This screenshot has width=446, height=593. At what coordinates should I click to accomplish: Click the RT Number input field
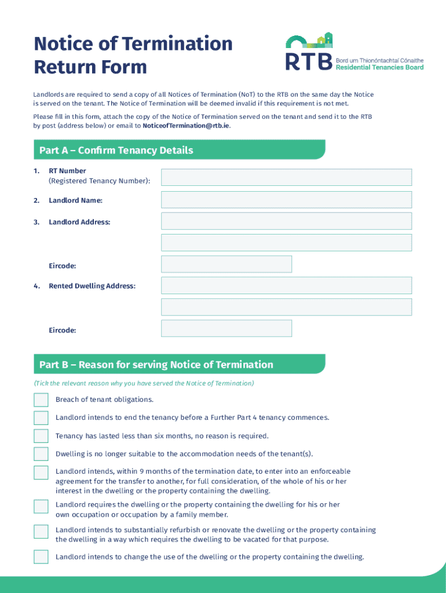(x=286, y=177)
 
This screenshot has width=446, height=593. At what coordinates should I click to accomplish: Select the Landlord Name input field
(x=286, y=200)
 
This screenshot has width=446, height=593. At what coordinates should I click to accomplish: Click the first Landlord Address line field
(x=286, y=221)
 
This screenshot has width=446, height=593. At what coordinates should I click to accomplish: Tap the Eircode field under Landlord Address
(x=226, y=264)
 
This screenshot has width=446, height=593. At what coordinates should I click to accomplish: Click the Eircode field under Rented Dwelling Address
(x=226, y=328)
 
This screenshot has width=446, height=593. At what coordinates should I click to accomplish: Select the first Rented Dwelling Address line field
(x=286, y=285)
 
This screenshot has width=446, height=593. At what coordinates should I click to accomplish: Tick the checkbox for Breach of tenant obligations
(x=41, y=400)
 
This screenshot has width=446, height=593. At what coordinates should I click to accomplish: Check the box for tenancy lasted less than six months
(x=41, y=436)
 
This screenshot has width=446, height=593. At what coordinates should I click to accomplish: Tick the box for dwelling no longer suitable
(x=41, y=454)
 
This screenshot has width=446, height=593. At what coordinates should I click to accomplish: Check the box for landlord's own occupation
(x=41, y=506)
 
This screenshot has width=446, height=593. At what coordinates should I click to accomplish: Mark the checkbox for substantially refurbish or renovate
(x=41, y=532)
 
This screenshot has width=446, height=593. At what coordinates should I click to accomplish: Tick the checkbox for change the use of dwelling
(x=41, y=557)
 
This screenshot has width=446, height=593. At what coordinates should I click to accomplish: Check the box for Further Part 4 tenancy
(x=41, y=418)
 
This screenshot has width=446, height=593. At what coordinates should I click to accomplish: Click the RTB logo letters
(x=309, y=61)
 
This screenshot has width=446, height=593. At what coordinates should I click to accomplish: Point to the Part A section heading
(x=116, y=151)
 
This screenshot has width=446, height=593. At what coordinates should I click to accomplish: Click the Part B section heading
(x=156, y=365)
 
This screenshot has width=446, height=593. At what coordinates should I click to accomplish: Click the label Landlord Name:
(x=76, y=200)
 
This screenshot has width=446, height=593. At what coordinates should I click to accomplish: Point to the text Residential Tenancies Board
(x=379, y=67)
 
